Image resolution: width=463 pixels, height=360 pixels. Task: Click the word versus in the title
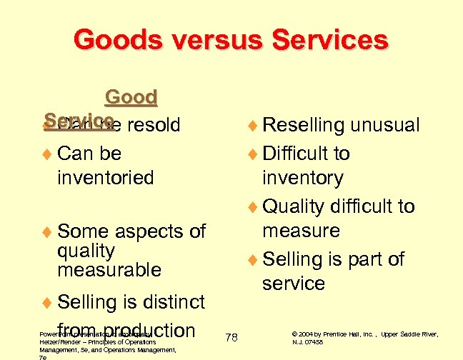215,40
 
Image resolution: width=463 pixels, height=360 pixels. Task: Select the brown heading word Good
131,97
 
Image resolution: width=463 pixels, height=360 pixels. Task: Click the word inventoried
105,176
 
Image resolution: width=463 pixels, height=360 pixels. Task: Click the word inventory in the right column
303,176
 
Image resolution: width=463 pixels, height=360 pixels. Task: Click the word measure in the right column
301,231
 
